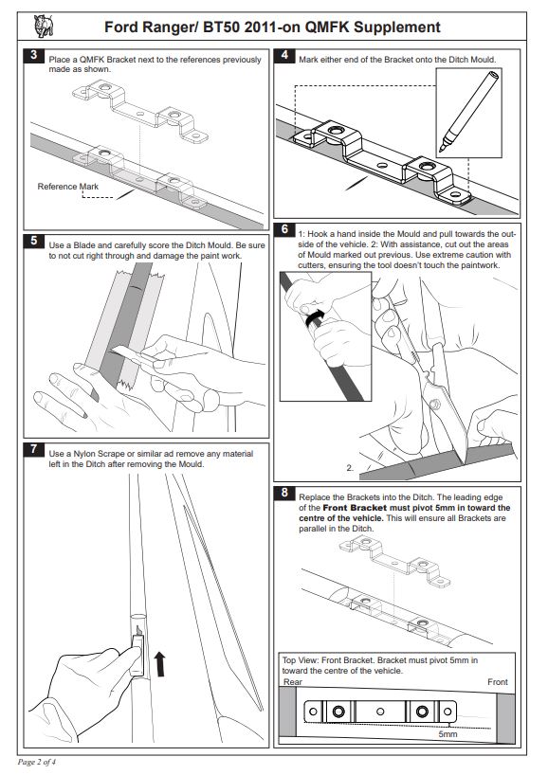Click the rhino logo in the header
click(43, 26)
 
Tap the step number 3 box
click(33, 55)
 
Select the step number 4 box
click(284, 55)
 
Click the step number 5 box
click(33, 241)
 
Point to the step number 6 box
click(284, 229)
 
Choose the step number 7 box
click(33, 449)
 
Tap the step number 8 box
click(284, 493)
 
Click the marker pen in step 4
click(468, 112)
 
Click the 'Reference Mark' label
click(67, 187)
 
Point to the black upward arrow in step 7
click(159, 664)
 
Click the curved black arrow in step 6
click(315, 317)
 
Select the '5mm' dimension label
click(448, 734)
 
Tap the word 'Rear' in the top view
click(293, 682)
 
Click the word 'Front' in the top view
click(498, 682)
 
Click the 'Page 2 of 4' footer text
click(37, 762)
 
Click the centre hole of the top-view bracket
click(380, 712)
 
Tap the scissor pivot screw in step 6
click(435, 405)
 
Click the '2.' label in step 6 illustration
click(350, 468)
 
